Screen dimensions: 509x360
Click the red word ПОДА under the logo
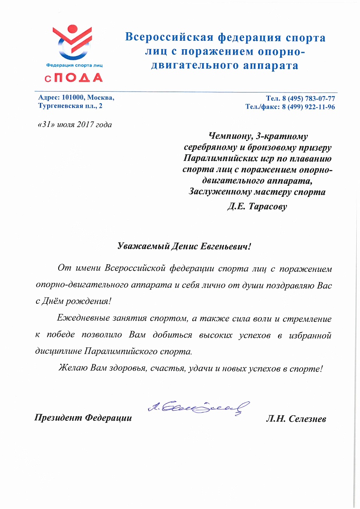79,78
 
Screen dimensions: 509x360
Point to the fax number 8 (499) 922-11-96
309,107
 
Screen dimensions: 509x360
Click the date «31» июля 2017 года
75,125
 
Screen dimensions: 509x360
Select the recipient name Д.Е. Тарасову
256,207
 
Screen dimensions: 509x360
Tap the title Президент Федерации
83,418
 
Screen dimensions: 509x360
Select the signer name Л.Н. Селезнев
296,419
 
